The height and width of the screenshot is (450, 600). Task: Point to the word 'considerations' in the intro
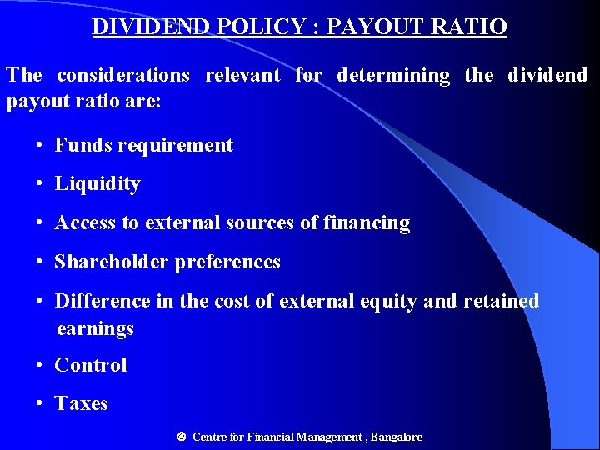tap(123, 75)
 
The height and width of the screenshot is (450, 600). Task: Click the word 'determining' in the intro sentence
tap(393, 75)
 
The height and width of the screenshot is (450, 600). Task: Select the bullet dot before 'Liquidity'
tap(40, 184)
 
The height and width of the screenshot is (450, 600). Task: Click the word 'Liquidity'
tap(97, 184)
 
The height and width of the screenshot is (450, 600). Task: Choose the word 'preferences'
tap(227, 262)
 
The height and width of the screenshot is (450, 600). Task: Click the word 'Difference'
tap(102, 301)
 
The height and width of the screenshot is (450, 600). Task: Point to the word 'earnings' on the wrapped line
tap(95, 328)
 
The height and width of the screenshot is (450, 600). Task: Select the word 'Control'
tap(91, 365)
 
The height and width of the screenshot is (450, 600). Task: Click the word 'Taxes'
tap(82, 403)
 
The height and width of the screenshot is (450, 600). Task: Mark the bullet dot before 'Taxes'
tap(40, 403)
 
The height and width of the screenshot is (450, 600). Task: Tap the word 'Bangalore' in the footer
tap(397, 437)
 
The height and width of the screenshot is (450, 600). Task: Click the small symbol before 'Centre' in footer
tap(181, 436)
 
